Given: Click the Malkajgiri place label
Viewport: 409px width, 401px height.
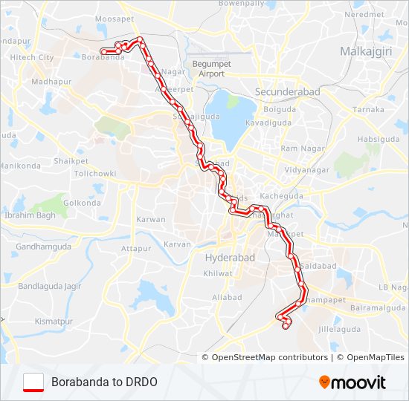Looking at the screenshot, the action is pyautogui.click(x=365, y=51).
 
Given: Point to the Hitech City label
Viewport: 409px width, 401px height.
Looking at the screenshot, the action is pyautogui.click(x=32, y=57).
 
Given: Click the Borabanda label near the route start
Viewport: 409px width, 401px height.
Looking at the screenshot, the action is pyautogui.click(x=103, y=56).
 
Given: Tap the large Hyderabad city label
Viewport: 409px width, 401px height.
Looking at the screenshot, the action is pyautogui.click(x=230, y=257).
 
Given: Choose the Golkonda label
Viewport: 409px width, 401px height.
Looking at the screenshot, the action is pyautogui.click(x=82, y=203).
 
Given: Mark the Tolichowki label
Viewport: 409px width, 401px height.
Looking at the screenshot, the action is pyautogui.click(x=95, y=173).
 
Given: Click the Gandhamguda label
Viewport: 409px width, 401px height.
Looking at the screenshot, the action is pyautogui.click(x=43, y=246).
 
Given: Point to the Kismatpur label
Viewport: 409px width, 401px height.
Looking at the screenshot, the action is pyautogui.click(x=54, y=322).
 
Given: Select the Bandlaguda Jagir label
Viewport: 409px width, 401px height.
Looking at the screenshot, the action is pyautogui.click(x=49, y=285).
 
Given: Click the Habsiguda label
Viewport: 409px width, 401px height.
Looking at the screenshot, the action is pyautogui.click(x=378, y=139).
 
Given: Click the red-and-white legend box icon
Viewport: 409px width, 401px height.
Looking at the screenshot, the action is pyautogui.click(x=33, y=382).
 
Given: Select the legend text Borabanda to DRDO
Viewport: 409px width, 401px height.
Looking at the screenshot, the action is pyautogui.click(x=104, y=382).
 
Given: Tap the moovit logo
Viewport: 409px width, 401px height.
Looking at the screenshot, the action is pyautogui.click(x=352, y=382).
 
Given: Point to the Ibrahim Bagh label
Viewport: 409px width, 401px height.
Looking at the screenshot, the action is pyautogui.click(x=30, y=215).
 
